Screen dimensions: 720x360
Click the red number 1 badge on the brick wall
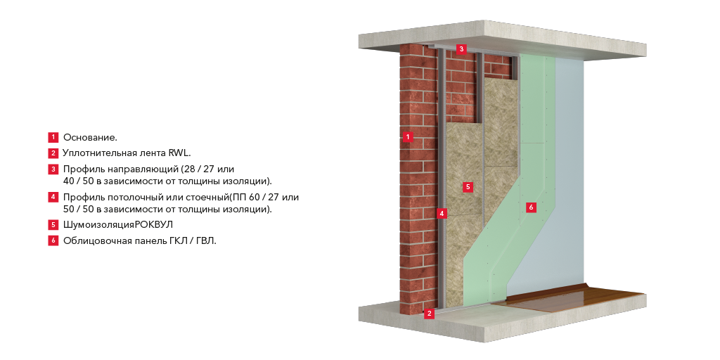[407, 137]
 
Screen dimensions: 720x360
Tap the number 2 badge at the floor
[429, 314]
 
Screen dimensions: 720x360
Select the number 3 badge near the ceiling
[461, 49]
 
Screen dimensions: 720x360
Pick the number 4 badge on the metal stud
[442, 213]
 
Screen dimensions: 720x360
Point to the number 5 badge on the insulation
[468, 187]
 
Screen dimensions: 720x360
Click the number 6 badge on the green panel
[531, 207]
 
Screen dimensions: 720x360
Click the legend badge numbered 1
[53, 137]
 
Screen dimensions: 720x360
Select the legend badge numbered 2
[53, 153]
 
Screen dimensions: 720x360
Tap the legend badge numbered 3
[53, 169]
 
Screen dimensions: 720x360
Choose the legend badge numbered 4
[53, 198]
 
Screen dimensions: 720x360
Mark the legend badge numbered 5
[53, 225]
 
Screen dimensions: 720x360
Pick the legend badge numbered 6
[53, 240]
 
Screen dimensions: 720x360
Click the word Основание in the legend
[90, 137]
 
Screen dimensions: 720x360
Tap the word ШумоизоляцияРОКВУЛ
[118, 225]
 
